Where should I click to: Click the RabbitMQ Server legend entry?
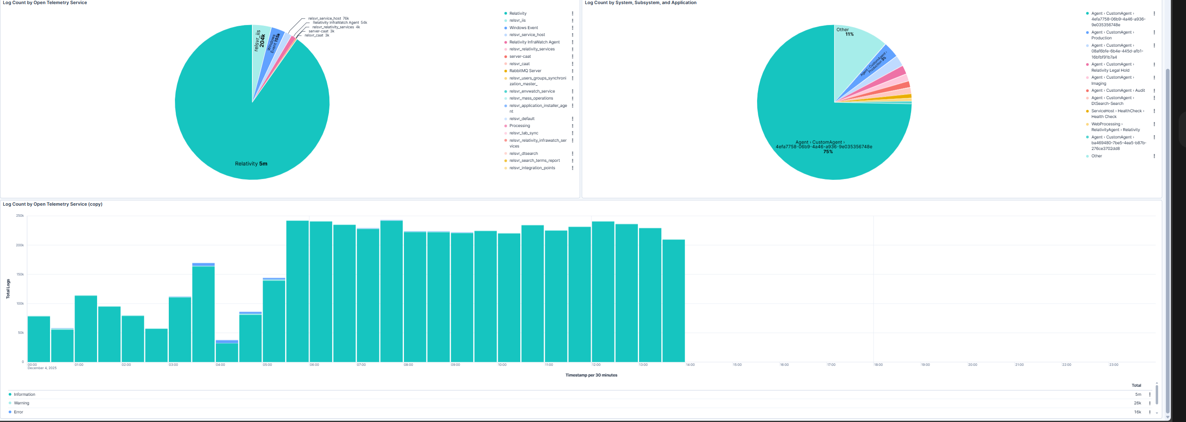[x=525, y=71]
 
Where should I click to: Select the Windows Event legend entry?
[x=523, y=27]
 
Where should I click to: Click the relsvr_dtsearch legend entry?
[x=523, y=154]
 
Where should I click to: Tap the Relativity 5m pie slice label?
[x=251, y=164]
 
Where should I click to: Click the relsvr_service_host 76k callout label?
[x=328, y=18]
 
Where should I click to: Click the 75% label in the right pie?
[x=828, y=152]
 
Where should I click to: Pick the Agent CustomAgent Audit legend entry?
[x=1118, y=91]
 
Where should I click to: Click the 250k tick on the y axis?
[x=20, y=216]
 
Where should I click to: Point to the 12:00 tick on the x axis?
[x=596, y=365]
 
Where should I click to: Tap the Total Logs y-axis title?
[x=8, y=289]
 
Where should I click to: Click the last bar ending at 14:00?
[x=674, y=302]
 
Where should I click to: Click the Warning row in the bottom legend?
[x=21, y=403]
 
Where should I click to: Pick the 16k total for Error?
[x=1137, y=412]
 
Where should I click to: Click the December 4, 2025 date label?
[x=42, y=368]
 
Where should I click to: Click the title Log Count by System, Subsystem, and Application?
[x=640, y=3]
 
